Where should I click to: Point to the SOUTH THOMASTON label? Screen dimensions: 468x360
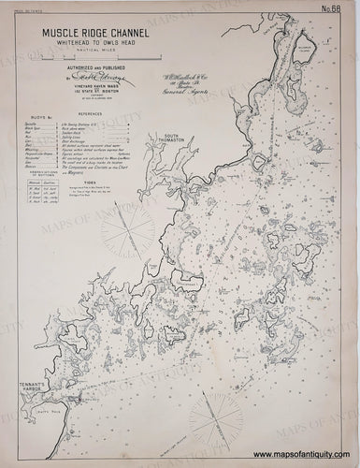click(158, 139)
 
